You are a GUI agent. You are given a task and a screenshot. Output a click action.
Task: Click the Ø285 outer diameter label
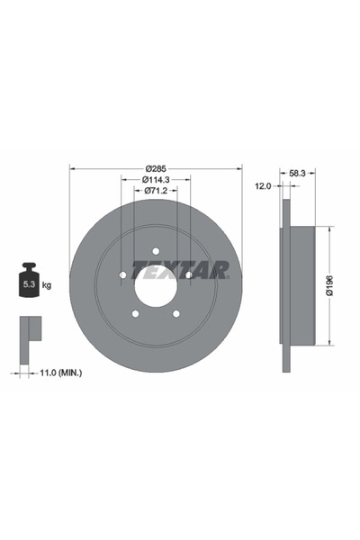[x=156, y=168]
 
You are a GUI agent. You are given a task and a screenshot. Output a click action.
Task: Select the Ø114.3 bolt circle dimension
[x=156, y=180]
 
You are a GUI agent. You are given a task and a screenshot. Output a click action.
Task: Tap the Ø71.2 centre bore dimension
[x=156, y=192]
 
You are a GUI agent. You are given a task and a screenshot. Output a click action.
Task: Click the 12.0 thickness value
[x=262, y=186]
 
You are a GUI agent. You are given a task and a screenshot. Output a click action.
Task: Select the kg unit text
[x=47, y=284]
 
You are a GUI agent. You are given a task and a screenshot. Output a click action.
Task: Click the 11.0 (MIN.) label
[x=58, y=371]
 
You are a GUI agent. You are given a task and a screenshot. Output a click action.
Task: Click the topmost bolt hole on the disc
[x=156, y=251]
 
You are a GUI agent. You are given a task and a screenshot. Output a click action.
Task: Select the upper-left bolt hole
[x=122, y=274]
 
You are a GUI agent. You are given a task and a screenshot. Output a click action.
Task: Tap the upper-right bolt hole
[x=188, y=274]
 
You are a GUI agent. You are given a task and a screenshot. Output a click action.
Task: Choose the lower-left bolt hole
[x=135, y=313]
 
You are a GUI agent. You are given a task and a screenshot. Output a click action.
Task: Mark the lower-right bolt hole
[x=175, y=313]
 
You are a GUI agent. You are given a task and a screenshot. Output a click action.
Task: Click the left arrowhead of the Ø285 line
[x=72, y=168]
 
